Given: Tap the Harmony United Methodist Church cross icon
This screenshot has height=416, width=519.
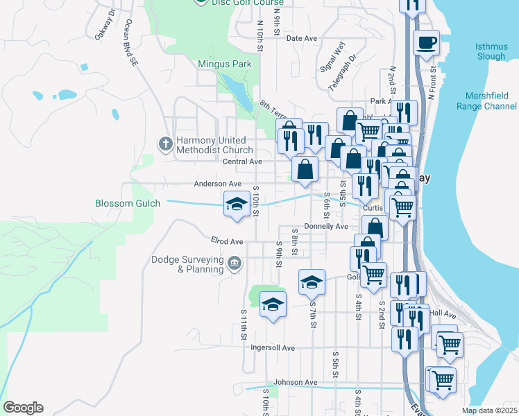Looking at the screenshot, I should [x=166, y=144].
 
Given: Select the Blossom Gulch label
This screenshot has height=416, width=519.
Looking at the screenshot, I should [x=128, y=203].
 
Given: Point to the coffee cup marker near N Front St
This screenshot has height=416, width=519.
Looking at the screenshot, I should [x=426, y=42].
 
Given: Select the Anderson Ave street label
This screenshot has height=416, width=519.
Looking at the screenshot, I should [x=218, y=184].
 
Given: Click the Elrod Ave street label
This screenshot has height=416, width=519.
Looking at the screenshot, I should [x=228, y=241].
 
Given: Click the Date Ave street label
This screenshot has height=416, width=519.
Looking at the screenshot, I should [x=301, y=39].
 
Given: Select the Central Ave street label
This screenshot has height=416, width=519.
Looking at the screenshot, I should [x=242, y=162].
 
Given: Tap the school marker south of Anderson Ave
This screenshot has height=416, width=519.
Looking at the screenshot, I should [x=236, y=205].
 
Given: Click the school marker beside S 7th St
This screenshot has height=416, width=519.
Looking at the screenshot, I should [x=312, y=281].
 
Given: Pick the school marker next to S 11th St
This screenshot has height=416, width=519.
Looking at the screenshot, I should [x=273, y=304].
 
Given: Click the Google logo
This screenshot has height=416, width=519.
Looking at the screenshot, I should [x=23, y=408].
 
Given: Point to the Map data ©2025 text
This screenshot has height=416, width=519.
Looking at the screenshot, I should [x=489, y=410].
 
